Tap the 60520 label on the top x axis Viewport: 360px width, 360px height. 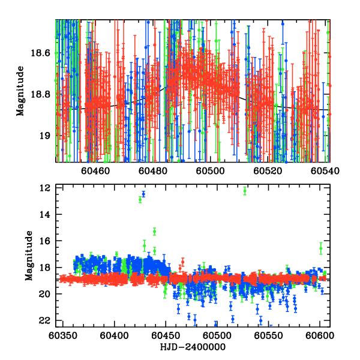tap(268, 171)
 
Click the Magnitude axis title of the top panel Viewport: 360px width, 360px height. tap(20, 90)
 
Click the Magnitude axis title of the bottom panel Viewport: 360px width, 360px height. tap(29, 256)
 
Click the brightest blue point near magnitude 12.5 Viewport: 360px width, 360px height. tap(143, 194)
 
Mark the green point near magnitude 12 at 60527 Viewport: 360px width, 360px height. tap(245, 191)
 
